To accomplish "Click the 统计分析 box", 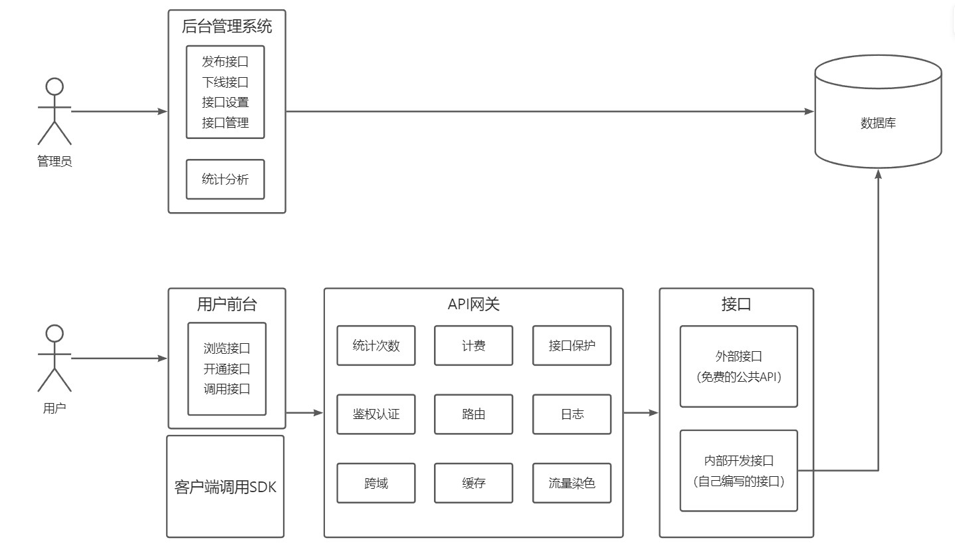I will [225, 179].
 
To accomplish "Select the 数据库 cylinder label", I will [878, 123].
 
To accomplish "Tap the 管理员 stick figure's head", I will [54, 86].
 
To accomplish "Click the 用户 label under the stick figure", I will [54, 408].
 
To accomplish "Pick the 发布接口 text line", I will [225, 63].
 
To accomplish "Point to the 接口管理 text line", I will [225, 123].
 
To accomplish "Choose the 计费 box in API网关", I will [473, 345].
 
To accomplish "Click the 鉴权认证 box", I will [376, 414].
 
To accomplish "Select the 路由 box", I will [473, 414].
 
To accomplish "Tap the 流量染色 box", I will [572, 483].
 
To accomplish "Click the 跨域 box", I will [376, 483].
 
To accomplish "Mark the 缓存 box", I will [473, 483].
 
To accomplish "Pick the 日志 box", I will [572, 414].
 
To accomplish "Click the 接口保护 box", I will [572, 345].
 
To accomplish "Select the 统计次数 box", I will [376, 345].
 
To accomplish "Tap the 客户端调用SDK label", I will [225, 487].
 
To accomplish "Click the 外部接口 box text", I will [738, 357].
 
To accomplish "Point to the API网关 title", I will [473, 305].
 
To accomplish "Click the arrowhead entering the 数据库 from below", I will [878, 174].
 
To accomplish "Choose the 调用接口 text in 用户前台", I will [227, 389].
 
